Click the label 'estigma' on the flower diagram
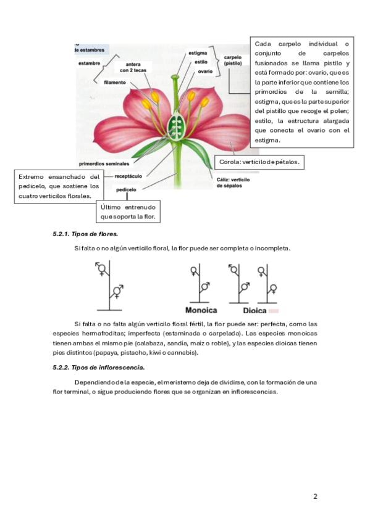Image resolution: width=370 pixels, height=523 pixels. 198,53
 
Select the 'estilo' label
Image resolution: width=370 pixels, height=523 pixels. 201,62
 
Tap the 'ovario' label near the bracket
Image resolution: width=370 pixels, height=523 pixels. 205,72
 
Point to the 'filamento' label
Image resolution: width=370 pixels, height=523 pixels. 115,83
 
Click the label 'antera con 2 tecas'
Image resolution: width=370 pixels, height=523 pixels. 133,67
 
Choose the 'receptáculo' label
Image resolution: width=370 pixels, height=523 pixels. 128,176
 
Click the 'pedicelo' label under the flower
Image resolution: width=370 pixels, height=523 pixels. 126,190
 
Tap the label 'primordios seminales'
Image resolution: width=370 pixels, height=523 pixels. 104,164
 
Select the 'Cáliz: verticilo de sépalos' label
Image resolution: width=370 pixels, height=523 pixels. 233,183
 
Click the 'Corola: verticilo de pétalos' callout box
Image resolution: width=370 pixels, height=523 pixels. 259,162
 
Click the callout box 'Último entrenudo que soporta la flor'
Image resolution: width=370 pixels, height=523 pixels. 128,212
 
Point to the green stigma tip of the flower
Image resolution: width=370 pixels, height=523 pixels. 175,77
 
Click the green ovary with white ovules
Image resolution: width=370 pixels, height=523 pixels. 176,127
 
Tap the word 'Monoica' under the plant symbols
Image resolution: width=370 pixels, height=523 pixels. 201,310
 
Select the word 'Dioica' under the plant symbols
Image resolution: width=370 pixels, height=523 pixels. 254,311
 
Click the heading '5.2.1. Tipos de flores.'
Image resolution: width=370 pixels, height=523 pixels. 85,234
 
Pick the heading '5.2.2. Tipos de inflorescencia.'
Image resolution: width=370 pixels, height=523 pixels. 98,368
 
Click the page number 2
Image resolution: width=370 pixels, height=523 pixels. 315,496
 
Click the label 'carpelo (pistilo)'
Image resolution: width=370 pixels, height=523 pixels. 233,60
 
